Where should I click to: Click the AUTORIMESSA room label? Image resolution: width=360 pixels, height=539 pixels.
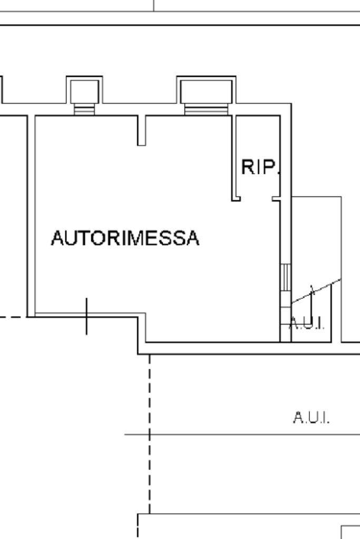coord(125,238)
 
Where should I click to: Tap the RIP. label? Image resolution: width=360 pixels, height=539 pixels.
coord(259,168)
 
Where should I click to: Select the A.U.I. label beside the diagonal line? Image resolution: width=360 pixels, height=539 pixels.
coord(307,323)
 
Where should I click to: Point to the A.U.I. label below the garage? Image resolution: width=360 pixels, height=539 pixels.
coord(311,418)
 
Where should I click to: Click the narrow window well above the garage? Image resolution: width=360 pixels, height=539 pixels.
coord(84,91)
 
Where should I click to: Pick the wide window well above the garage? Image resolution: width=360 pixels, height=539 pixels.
coord(206,91)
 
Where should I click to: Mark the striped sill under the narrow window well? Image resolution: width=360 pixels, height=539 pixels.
coord(84,110)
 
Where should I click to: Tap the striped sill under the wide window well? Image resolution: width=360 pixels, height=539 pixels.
coord(206,110)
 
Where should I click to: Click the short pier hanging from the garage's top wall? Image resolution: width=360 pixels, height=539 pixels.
coord(141,130)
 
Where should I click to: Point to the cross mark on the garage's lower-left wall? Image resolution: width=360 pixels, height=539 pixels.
coord(87,316)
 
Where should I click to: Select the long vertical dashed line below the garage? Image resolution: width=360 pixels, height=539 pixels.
coord(150,432)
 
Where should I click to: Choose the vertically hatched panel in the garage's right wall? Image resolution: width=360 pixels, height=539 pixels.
coord(285,277)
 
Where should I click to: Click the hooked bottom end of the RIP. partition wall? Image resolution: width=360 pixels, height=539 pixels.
coord(237,199)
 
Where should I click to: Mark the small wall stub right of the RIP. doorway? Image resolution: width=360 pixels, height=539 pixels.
coord(276,199)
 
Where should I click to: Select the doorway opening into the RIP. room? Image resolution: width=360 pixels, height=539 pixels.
coord(256,199)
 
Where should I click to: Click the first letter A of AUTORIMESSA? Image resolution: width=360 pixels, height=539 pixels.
coord(57,238)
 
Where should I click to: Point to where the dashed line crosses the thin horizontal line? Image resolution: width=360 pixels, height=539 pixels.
coord(150,435)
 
